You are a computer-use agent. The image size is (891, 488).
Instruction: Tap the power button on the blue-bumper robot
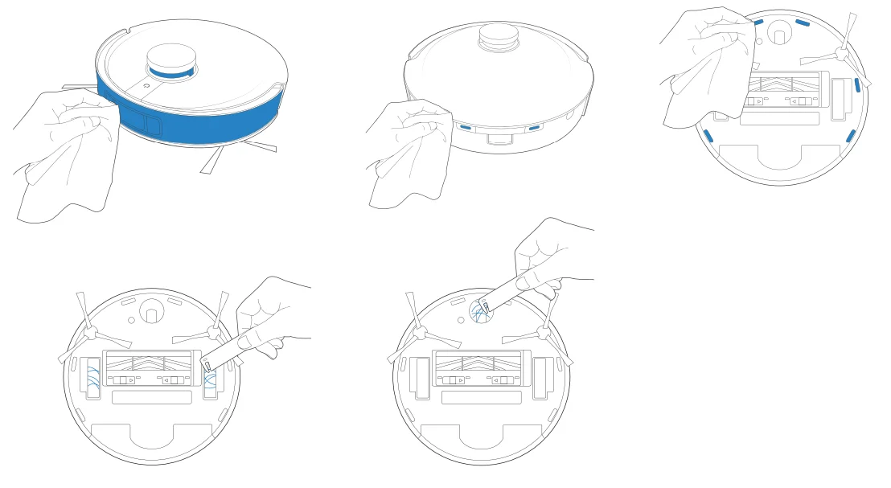(144, 83)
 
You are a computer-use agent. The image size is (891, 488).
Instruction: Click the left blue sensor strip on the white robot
(465, 126)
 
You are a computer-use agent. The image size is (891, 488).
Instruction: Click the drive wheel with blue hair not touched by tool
(94, 377)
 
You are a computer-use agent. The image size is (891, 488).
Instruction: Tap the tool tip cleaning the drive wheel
(207, 366)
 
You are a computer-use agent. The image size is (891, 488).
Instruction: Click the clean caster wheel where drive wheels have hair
(150, 309)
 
